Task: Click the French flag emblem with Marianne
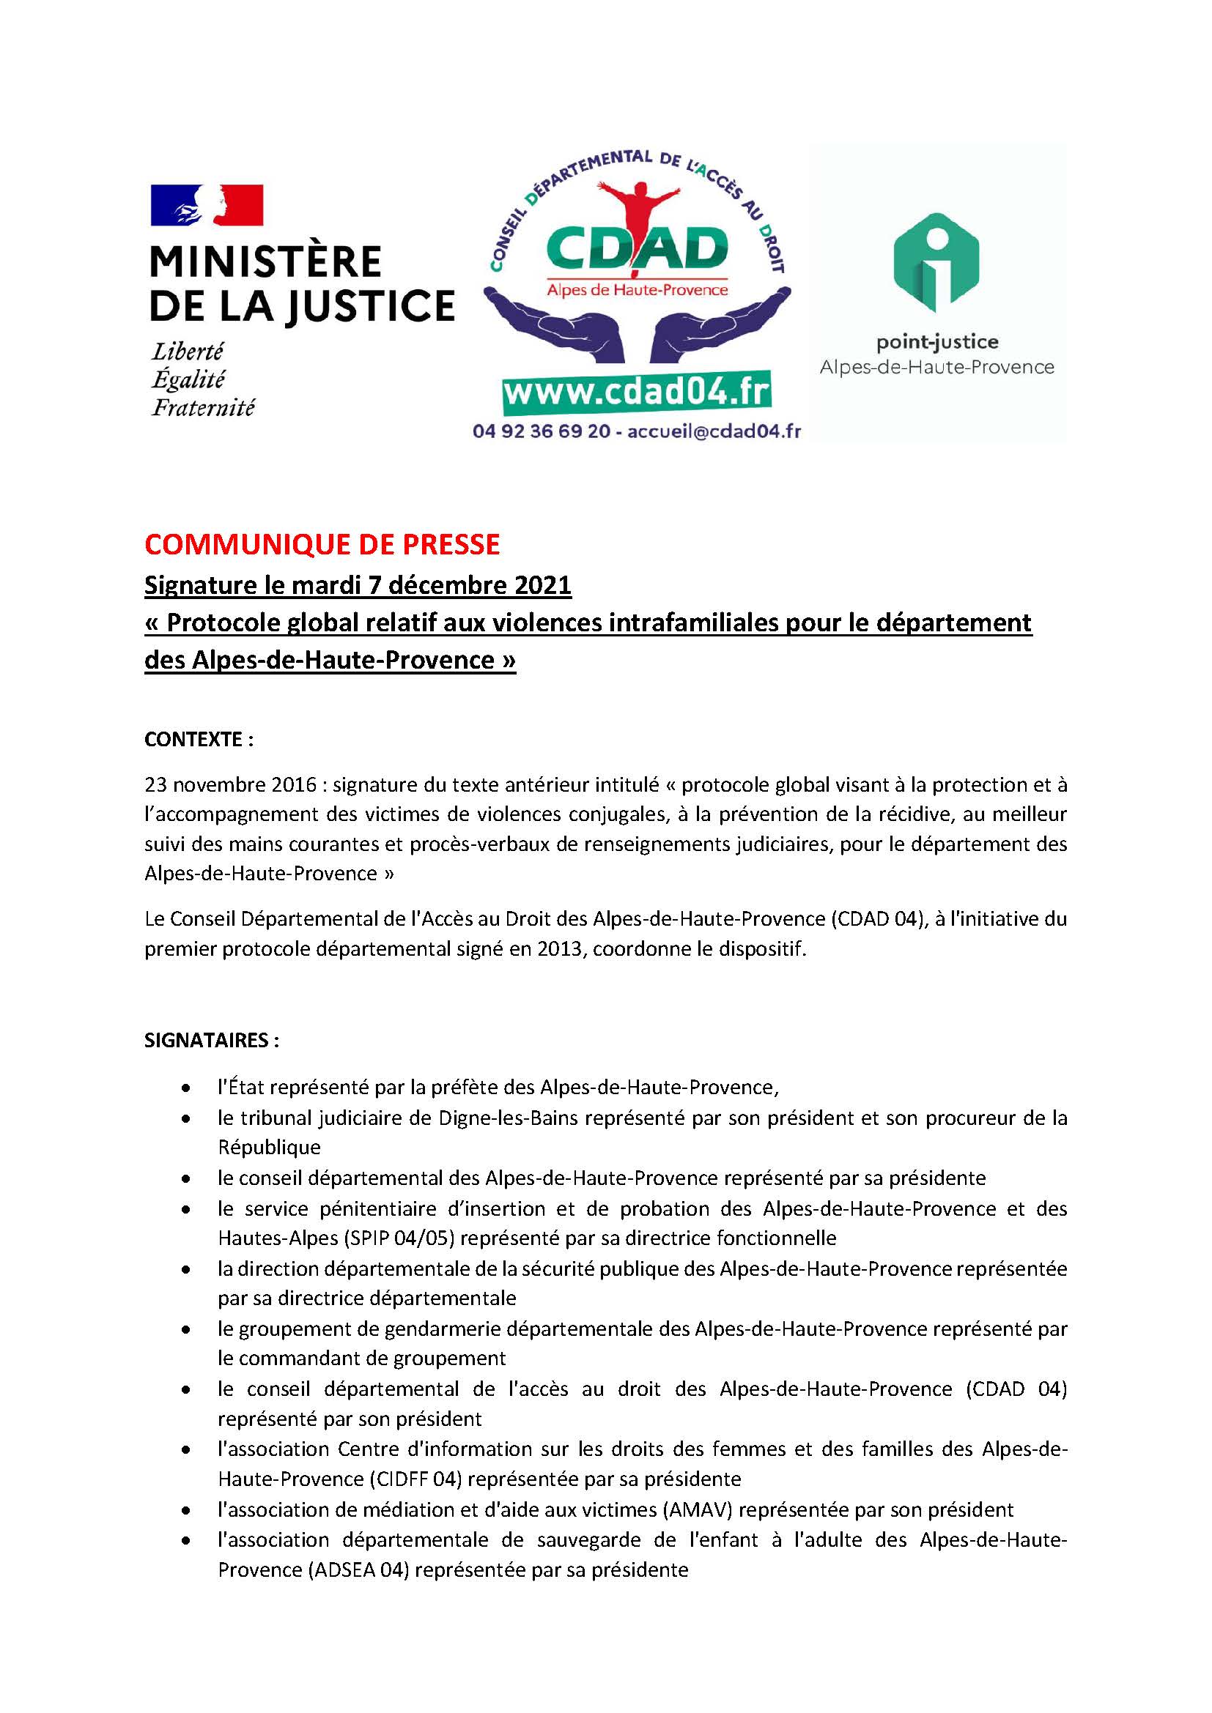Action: (x=207, y=205)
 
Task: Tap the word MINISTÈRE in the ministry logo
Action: (x=266, y=262)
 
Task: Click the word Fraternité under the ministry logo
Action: (x=203, y=407)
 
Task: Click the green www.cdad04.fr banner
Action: (x=636, y=391)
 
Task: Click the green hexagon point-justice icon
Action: (x=936, y=263)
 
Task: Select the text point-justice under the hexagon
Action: (x=936, y=343)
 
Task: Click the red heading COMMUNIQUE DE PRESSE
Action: (x=322, y=545)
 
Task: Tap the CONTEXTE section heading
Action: (x=199, y=740)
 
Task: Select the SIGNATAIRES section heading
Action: (x=212, y=1041)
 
